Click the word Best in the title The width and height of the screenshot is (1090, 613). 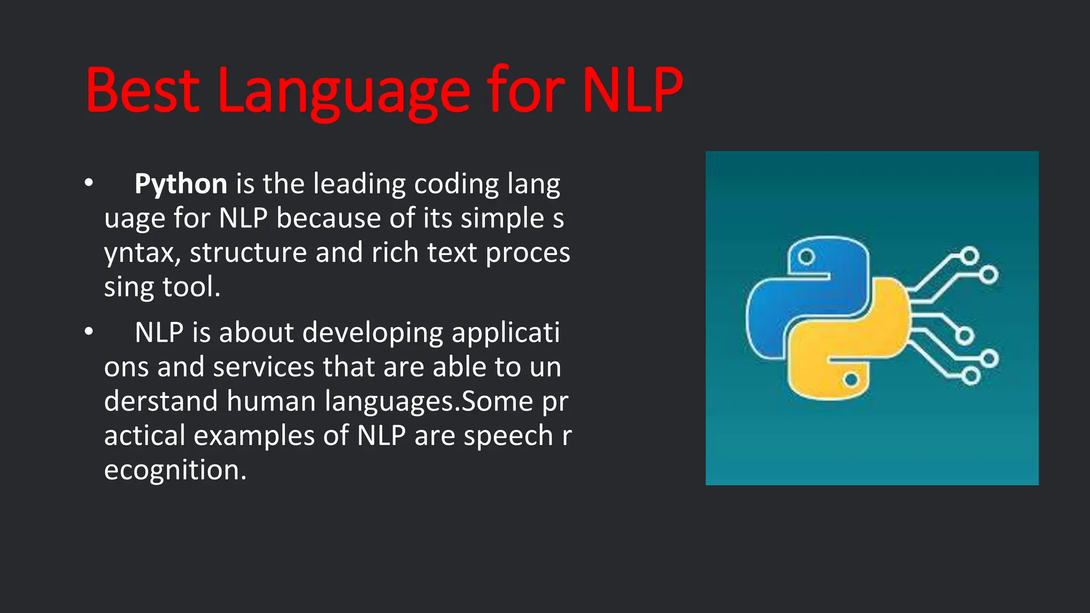[x=142, y=90]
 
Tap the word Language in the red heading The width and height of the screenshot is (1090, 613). [x=344, y=90]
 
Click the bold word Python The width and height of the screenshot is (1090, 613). [x=181, y=184]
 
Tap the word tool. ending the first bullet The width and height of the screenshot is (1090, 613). [x=191, y=287]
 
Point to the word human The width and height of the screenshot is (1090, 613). [x=271, y=401]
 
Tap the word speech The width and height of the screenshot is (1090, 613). [x=508, y=436]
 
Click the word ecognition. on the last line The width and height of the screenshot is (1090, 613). [x=175, y=470]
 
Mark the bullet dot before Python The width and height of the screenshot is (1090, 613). [x=89, y=183]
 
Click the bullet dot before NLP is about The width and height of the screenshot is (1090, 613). [x=89, y=332]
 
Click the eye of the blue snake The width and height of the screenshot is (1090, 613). [x=806, y=257]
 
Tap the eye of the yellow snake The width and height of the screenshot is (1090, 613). [x=850, y=379]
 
